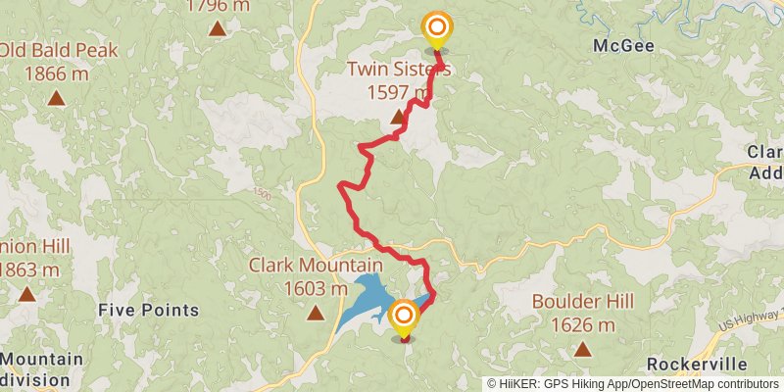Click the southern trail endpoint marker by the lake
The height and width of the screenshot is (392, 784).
[403, 318]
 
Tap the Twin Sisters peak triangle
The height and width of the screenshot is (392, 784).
[397, 118]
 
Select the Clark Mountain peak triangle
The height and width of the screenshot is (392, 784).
[315, 314]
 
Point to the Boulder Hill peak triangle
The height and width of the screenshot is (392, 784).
[583, 349]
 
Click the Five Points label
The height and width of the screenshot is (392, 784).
[149, 311]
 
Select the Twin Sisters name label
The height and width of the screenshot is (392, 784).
[398, 68]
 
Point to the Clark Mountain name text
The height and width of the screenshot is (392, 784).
[315, 266]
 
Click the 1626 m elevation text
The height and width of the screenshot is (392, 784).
[583, 324]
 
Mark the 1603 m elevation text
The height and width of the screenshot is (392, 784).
[315, 288]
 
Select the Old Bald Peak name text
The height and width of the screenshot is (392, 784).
[59, 50]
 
